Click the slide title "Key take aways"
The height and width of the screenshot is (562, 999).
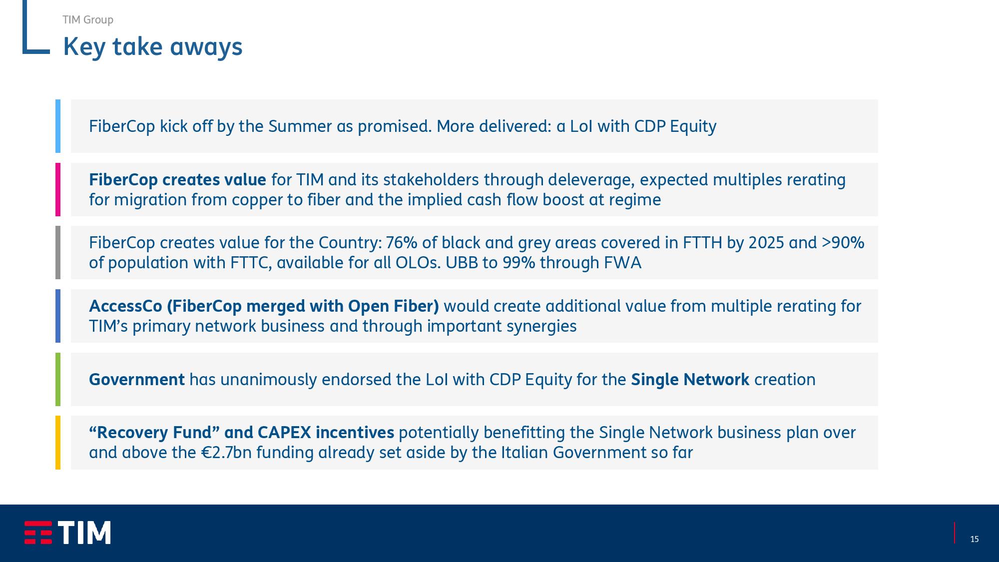[152, 47]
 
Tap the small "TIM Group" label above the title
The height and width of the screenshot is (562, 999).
[88, 19]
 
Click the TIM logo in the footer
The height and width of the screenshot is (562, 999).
[67, 533]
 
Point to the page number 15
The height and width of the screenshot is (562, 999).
[974, 539]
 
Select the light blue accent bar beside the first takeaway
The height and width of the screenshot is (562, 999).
[58, 126]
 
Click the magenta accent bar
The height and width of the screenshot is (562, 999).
[58, 189]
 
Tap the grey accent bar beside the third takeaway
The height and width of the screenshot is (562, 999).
[58, 252]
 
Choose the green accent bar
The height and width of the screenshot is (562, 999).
[58, 379]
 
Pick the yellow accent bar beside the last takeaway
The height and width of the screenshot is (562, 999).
[58, 443]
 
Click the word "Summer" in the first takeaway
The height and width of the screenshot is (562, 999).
[300, 126]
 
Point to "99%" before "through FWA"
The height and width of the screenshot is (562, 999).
[519, 263]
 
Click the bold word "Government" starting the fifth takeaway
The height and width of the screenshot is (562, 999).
[137, 380]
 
